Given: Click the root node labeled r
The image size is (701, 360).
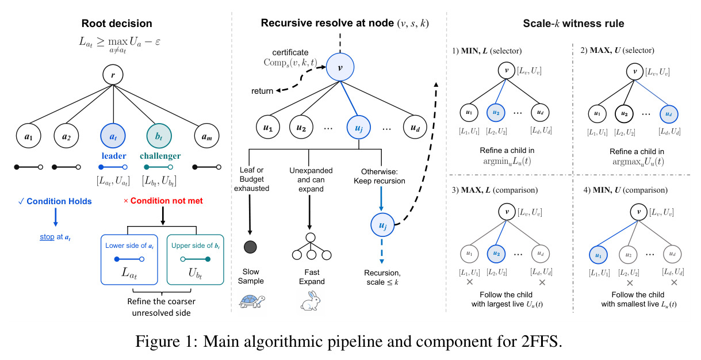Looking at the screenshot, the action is pyautogui.click(x=113, y=75).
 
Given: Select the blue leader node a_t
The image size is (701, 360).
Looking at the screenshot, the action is pyautogui.click(x=113, y=136).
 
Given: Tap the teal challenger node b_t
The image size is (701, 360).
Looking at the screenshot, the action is pyautogui.click(x=159, y=136).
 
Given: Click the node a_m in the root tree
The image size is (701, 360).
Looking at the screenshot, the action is pyautogui.click(x=206, y=136).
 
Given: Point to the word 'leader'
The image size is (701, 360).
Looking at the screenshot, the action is pyautogui.click(x=114, y=156).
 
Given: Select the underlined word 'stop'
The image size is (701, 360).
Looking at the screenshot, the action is pyautogui.click(x=47, y=237).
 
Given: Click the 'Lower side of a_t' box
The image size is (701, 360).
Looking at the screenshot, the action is pyautogui.click(x=129, y=259).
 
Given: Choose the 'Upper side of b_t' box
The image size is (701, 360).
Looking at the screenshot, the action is pyautogui.click(x=196, y=259).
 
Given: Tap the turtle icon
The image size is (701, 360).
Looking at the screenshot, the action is pyautogui.click(x=252, y=301).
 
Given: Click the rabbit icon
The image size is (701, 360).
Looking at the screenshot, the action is pyautogui.click(x=311, y=301).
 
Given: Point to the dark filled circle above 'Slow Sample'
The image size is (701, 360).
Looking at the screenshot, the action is pyautogui.click(x=250, y=247).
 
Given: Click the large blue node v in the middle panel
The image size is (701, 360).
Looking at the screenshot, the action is pyautogui.click(x=340, y=67).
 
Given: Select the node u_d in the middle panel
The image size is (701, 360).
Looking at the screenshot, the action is pyautogui.click(x=415, y=127).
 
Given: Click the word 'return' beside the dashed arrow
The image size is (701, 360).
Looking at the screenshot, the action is pyautogui.click(x=262, y=91).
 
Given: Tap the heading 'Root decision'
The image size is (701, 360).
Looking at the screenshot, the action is pyautogui.click(x=117, y=24).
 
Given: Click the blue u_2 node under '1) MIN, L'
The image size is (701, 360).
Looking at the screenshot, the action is pyautogui.click(x=496, y=113).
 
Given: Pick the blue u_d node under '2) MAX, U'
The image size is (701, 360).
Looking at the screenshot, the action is pyautogui.click(x=669, y=114).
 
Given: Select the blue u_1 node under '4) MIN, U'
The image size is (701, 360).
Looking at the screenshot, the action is pyautogui.click(x=598, y=255).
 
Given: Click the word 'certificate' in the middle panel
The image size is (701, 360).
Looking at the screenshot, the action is pyautogui.click(x=290, y=52).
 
